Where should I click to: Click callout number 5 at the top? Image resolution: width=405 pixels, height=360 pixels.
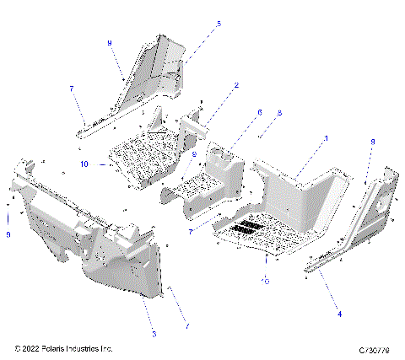(219, 24)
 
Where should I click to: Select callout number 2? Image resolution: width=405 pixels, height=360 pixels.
(236, 85)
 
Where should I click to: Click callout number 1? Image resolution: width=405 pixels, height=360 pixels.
(327, 137)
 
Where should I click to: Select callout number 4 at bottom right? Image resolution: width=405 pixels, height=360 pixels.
(340, 314)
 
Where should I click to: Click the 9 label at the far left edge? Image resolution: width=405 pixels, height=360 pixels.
(8, 235)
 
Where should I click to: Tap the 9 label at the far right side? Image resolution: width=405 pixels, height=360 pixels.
(372, 142)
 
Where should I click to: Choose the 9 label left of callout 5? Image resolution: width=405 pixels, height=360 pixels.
(109, 42)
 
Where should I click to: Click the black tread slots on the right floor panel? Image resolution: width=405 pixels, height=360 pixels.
(248, 228)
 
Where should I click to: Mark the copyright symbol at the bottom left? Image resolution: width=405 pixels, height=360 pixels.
(17, 348)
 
